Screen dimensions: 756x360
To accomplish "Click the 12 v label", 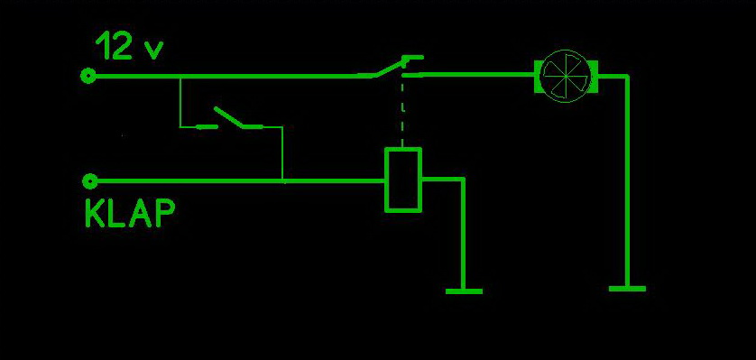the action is coord(130,46).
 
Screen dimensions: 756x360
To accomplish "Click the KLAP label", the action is coord(130,214).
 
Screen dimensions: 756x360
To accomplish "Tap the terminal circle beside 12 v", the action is coord(88,76).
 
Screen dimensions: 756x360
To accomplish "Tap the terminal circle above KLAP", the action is coord(89,181).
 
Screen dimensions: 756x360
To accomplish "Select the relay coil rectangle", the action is coord(403,180).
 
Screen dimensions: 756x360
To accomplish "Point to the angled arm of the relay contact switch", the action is coord(389,68).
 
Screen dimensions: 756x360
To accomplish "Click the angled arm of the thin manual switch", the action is coord(228,117).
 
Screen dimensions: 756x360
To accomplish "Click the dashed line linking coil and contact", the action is coord(402,112).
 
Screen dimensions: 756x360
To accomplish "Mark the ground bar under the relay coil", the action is coord(464,291).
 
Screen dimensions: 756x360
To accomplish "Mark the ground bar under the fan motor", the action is coord(627,289).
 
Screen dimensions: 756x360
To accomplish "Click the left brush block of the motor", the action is coord(539,76).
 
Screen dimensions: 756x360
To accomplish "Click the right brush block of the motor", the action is coord(594,76).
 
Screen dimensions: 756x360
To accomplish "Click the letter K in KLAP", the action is coord(95,214).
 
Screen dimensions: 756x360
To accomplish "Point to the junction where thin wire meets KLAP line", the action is coord(282,181).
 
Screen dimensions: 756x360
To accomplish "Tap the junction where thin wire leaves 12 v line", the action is coord(180,76).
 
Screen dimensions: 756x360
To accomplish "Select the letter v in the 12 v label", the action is coord(154,51).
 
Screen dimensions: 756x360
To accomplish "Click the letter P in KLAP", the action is coord(164,214).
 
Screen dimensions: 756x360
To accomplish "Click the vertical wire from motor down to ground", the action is coord(627,181).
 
